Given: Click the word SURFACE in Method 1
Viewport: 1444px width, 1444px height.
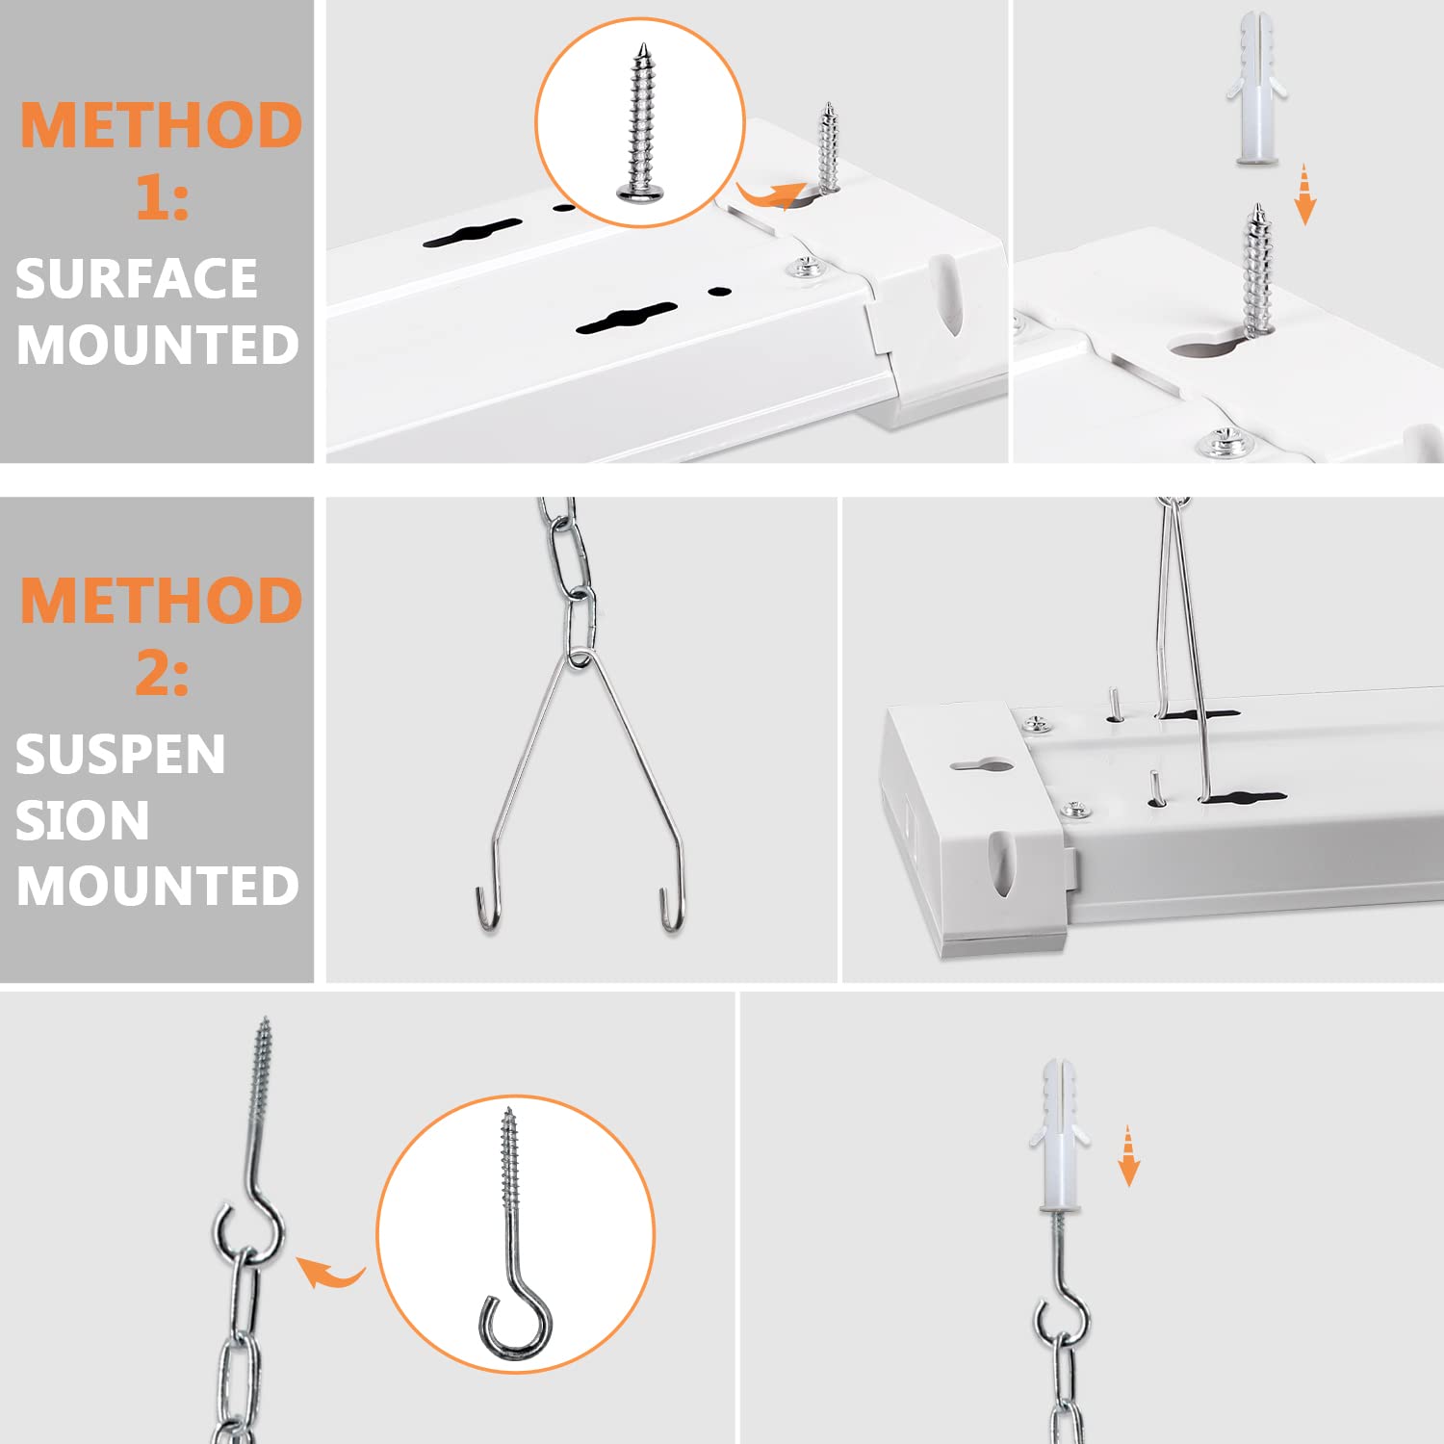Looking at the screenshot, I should (136, 279).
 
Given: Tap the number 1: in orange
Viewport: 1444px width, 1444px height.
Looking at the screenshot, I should (162, 198).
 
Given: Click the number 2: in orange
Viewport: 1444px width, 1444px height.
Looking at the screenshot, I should (162, 673).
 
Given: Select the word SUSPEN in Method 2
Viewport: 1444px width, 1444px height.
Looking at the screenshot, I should (120, 754).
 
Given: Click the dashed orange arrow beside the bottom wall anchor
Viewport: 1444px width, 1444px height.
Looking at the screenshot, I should (1128, 1155).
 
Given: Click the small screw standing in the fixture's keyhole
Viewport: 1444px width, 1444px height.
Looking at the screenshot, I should (827, 149).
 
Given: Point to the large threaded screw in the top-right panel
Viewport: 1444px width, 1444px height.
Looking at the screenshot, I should (1256, 270).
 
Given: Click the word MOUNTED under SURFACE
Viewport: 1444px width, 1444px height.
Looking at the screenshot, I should (158, 345).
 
